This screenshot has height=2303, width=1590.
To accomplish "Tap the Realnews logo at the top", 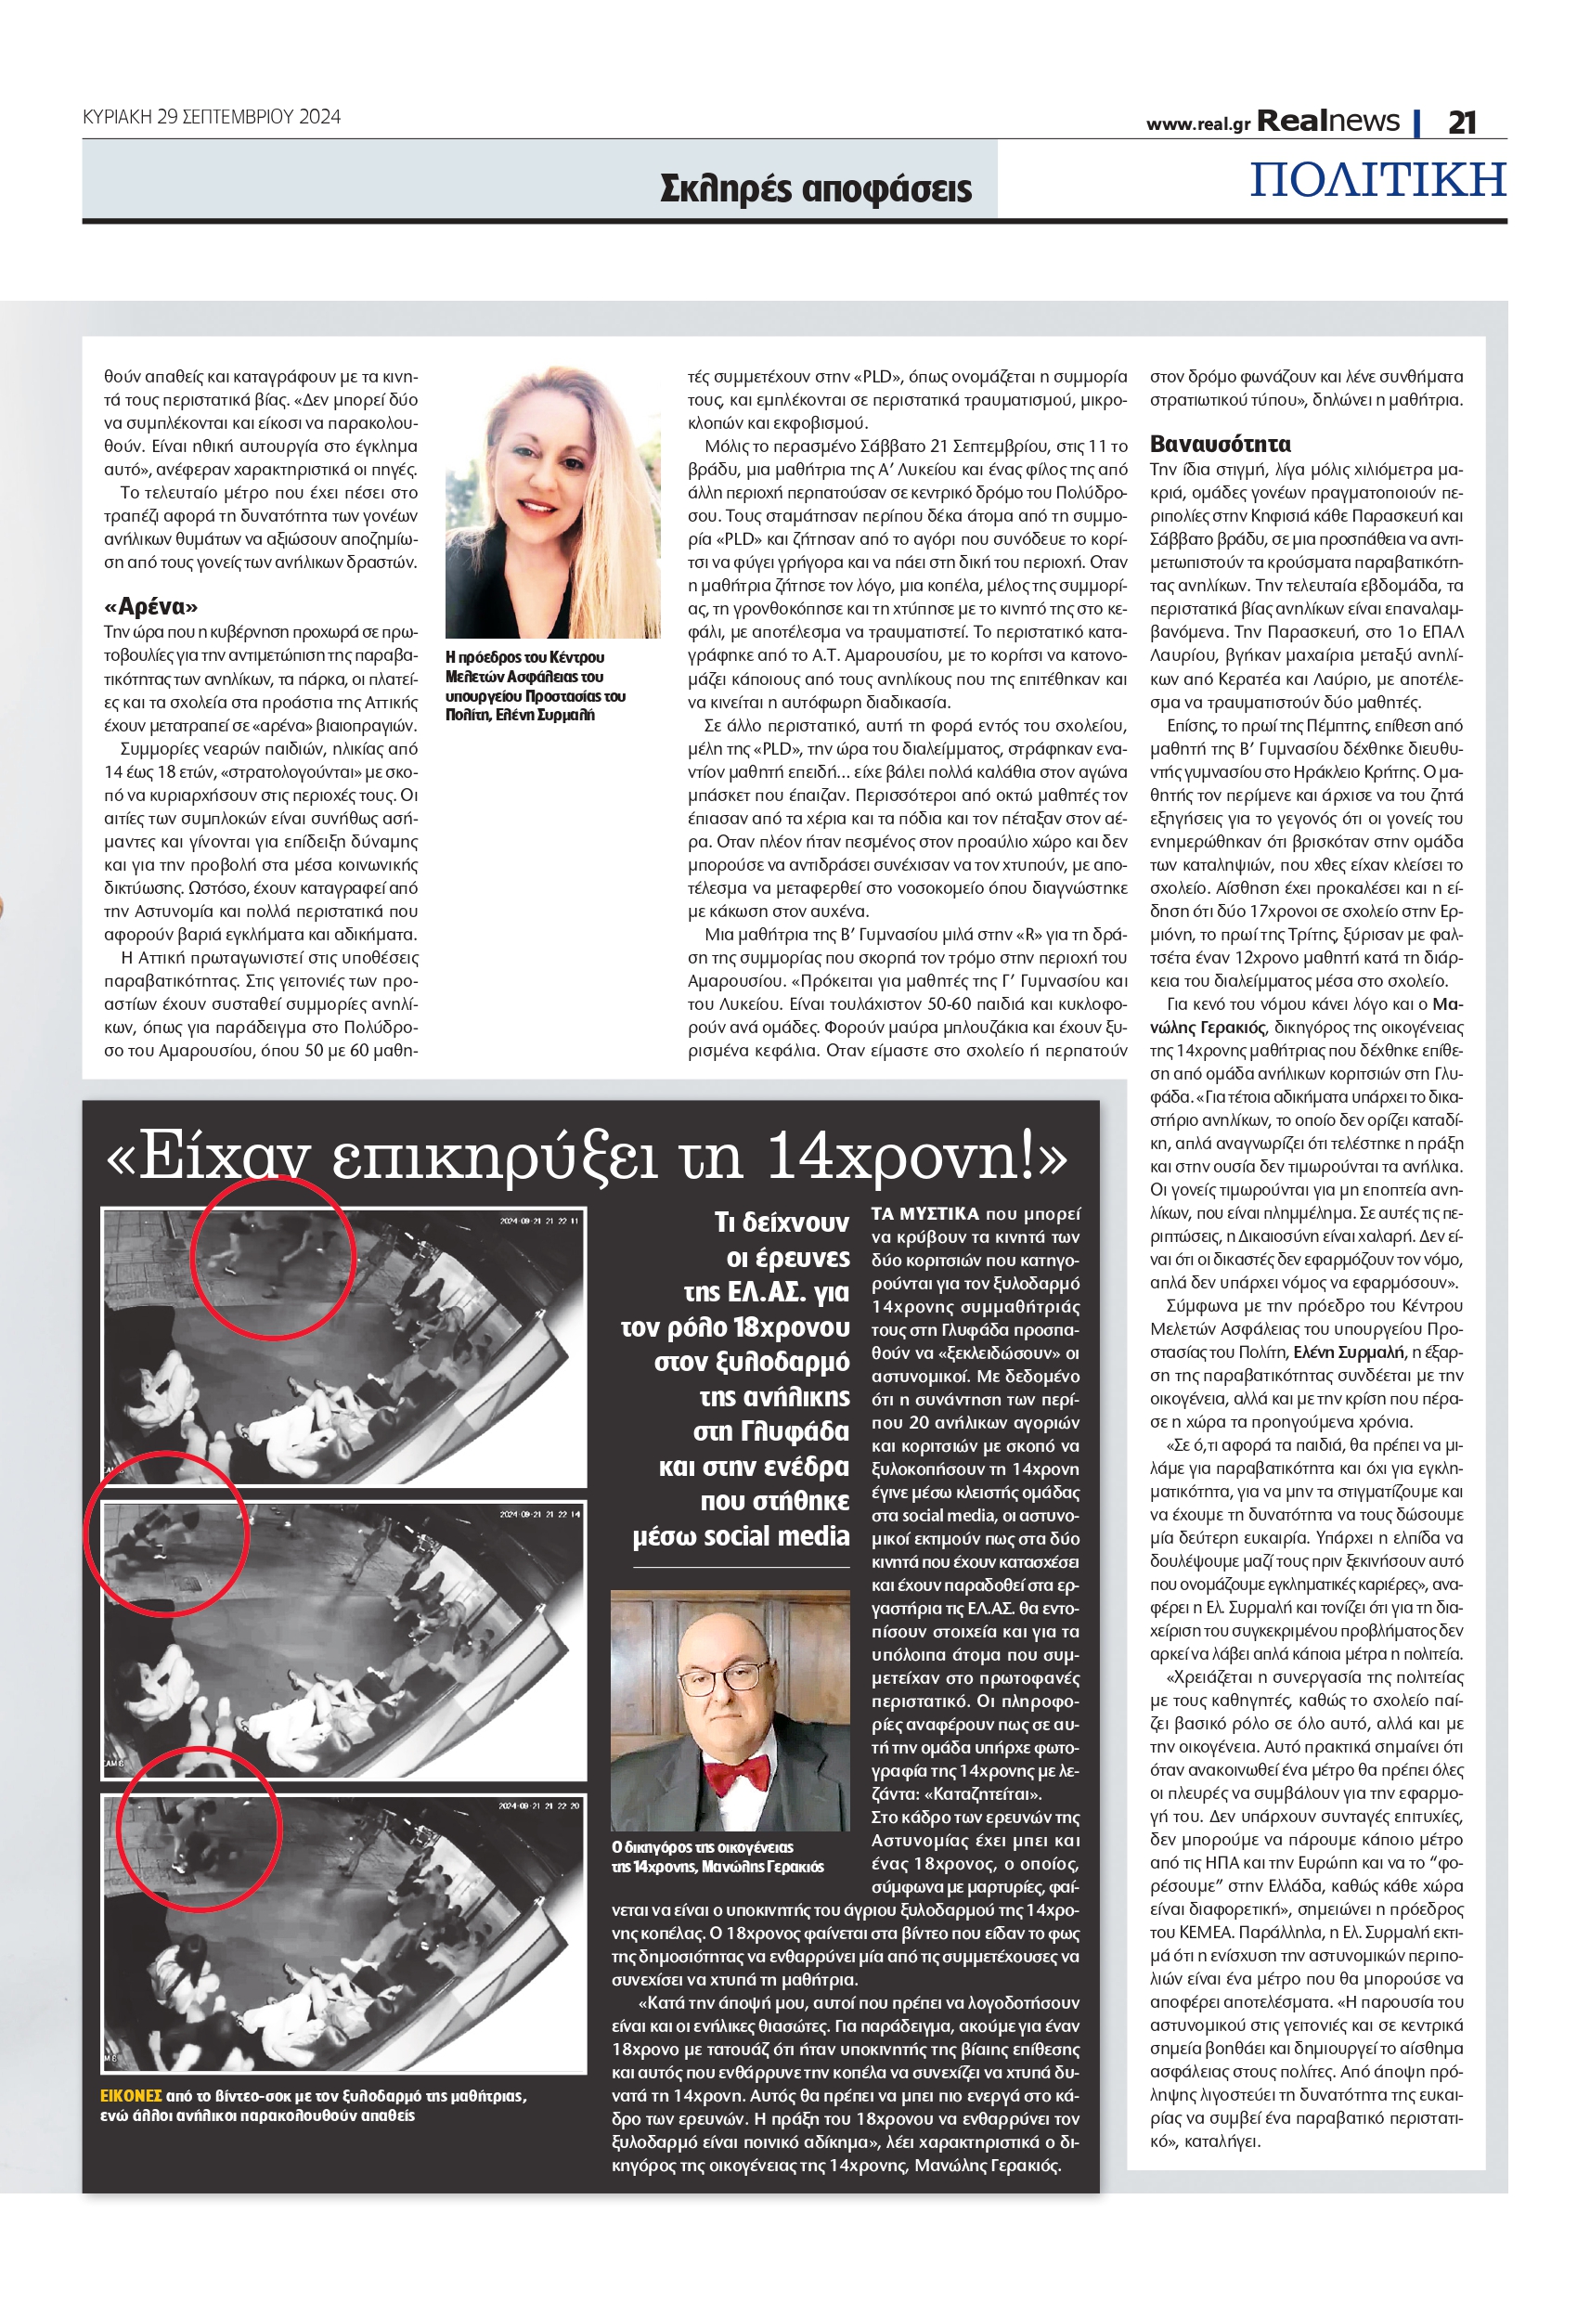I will coord(1328,121).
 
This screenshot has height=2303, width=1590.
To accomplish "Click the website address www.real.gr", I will coord(1197,124).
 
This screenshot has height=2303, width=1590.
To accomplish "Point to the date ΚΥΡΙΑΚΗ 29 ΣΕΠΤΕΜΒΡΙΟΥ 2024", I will coord(212,117).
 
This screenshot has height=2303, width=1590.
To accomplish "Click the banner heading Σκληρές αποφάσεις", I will coord(815,188).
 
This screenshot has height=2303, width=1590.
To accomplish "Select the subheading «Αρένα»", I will coord(150,607).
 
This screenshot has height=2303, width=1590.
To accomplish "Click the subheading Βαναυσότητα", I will coord(1220,445).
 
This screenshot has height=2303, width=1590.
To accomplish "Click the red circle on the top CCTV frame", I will coord(272,1257).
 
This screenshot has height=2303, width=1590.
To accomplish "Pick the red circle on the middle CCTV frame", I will coord(165,1533).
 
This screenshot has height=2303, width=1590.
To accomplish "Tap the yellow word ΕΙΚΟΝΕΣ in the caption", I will coord(131,2096).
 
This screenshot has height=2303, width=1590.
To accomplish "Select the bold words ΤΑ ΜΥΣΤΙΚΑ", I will coord(924,1213).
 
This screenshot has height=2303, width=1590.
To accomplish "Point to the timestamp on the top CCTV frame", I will coord(538,1222).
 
